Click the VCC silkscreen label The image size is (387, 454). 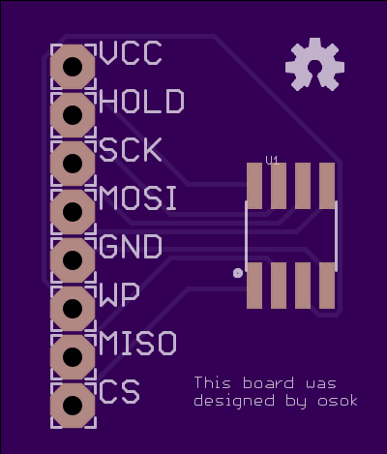pyautogui.click(x=131, y=53)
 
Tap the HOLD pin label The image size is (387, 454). pyautogui.click(x=142, y=102)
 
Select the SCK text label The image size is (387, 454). pyautogui.click(x=131, y=150)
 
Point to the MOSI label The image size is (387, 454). pyautogui.click(x=138, y=198)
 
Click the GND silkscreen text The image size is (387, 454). pyautogui.click(x=131, y=247)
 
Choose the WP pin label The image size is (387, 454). pyautogui.click(x=119, y=295)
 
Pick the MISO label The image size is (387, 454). pyautogui.click(x=138, y=343)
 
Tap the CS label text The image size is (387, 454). pyautogui.click(x=119, y=392)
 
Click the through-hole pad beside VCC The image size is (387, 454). pyautogui.click(x=73, y=67)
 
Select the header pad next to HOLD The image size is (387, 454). pyautogui.click(x=73, y=115)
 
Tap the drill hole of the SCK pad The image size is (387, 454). pyautogui.click(x=73, y=164)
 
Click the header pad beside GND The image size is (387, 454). pyautogui.click(x=73, y=260)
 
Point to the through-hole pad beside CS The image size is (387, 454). pyautogui.click(x=73, y=406)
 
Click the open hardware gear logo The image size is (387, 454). pyautogui.click(x=314, y=65)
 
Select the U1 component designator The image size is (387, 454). pyautogui.click(x=272, y=161)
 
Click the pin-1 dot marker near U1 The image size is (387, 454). pyautogui.click(x=238, y=273)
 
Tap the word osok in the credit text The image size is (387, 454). pyautogui.click(x=338, y=401)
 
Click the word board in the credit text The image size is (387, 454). pyautogui.click(x=268, y=383)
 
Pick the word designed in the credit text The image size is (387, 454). pyautogui.click(x=234, y=402)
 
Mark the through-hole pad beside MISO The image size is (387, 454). pyautogui.click(x=73, y=357)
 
